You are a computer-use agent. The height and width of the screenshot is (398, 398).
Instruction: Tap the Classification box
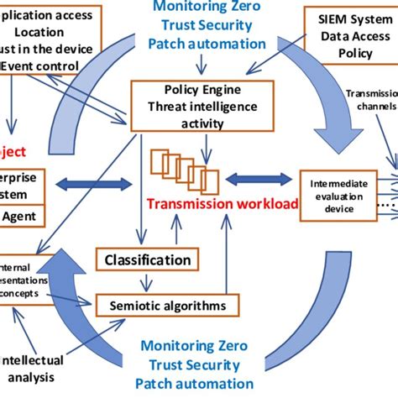[x=147, y=260]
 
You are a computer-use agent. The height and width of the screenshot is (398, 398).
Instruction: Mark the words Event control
[x=35, y=62]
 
